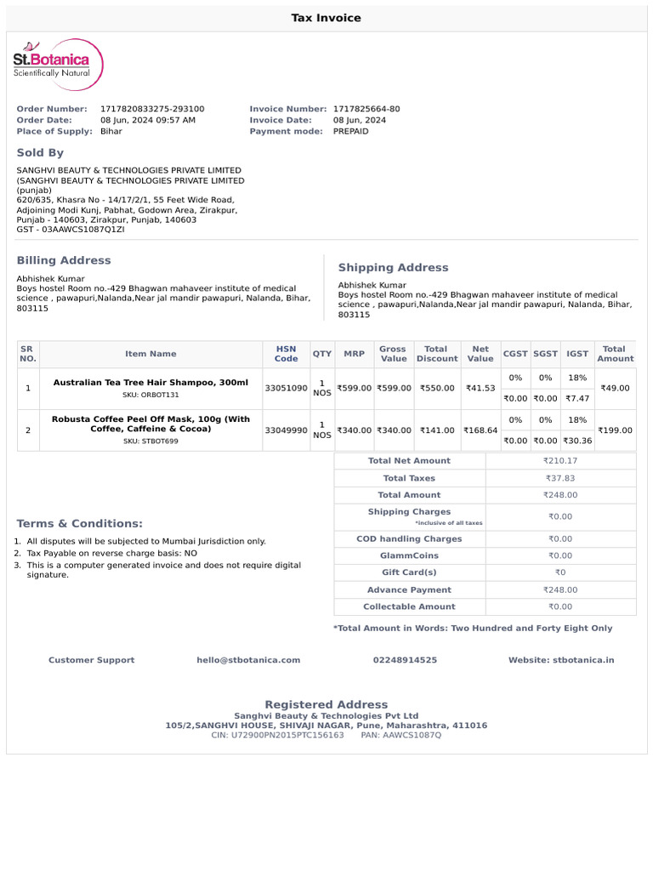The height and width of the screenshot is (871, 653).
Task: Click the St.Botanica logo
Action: [58, 65]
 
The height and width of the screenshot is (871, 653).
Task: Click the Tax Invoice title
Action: [326, 18]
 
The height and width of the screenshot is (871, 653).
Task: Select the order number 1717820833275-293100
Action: [152, 109]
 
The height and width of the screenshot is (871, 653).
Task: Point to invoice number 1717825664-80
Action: [366, 109]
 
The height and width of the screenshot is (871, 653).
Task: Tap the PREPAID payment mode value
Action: [351, 131]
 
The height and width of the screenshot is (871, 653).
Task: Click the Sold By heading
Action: [40, 152]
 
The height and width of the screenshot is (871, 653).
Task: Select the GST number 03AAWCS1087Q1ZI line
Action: [71, 230]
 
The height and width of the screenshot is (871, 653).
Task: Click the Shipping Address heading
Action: [393, 267]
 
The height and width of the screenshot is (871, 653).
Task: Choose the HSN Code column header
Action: [286, 354]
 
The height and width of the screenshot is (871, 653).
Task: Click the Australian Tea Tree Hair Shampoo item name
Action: [150, 383]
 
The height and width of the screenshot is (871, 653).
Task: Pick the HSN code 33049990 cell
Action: [286, 430]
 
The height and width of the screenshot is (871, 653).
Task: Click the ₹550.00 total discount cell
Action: [437, 388]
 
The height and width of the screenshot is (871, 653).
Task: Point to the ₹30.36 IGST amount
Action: [577, 441]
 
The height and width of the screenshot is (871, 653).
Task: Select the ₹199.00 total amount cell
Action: [614, 430]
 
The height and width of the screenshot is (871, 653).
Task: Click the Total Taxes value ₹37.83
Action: [559, 478]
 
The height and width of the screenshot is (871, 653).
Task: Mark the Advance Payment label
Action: [409, 589]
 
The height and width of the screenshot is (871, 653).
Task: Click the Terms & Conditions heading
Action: [80, 523]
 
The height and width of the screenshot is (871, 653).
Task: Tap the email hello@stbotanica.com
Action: [248, 660]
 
